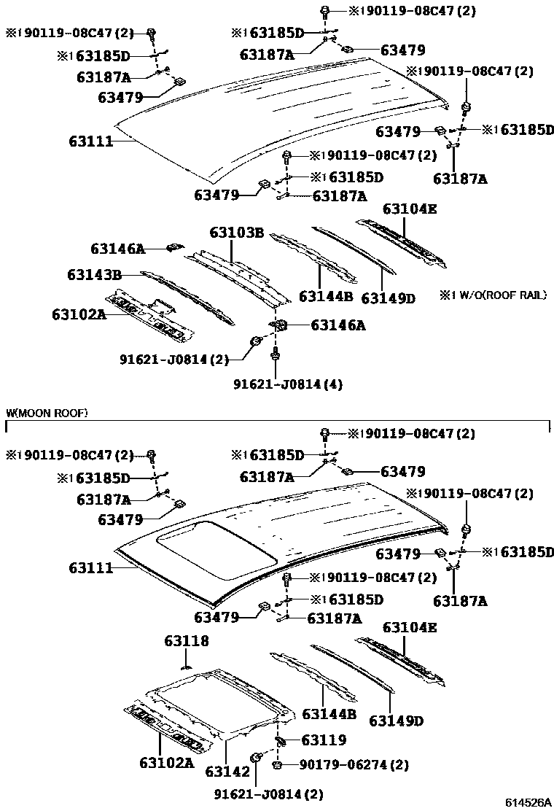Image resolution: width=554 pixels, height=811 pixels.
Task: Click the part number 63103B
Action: click(236, 233)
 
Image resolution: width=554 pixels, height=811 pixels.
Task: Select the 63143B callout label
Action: click(94, 275)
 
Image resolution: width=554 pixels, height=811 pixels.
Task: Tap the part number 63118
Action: click(186, 641)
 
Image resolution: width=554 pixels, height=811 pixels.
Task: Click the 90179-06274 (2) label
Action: click(354, 765)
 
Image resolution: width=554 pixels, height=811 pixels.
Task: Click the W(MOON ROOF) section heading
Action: click(47, 414)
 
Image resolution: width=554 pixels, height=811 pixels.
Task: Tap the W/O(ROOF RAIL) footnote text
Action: click(493, 295)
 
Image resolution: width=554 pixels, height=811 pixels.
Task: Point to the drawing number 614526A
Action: click(528, 802)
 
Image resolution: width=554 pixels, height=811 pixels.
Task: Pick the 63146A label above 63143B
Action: click(117, 249)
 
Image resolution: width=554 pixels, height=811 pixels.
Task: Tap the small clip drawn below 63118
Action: click(186, 664)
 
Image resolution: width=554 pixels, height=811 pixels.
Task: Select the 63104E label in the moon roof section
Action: click(410, 627)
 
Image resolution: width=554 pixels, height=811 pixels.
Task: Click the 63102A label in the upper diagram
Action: click(79, 314)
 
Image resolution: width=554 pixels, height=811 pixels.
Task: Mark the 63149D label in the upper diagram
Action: click(388, 298)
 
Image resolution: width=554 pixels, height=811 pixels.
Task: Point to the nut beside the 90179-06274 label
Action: click(278, 765)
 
